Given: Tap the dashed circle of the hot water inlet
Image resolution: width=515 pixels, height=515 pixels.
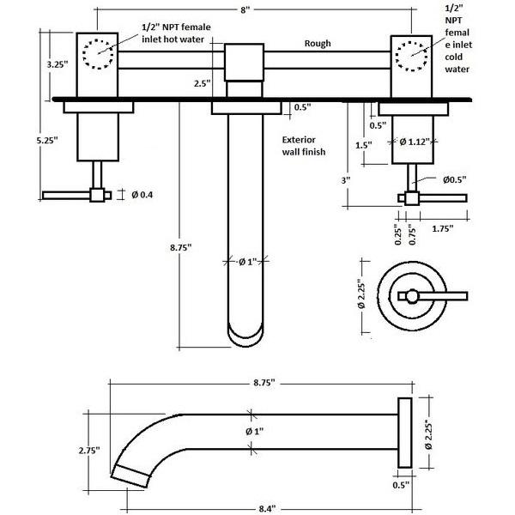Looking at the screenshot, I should click(x=98, y=53).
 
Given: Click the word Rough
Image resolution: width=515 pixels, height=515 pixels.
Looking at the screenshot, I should click(x=318, y=44).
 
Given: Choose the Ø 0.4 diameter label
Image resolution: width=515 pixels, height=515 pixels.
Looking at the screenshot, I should click(x=142, y=195).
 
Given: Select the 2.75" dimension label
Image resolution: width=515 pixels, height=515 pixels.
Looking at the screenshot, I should click(x=87, y=450).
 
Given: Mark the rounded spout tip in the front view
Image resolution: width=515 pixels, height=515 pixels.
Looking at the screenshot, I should click(x=245, y=334).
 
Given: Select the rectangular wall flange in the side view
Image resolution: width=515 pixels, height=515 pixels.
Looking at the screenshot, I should click(x=403, y=435).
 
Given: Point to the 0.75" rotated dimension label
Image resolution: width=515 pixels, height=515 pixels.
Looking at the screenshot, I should click(x=414, y=235).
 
